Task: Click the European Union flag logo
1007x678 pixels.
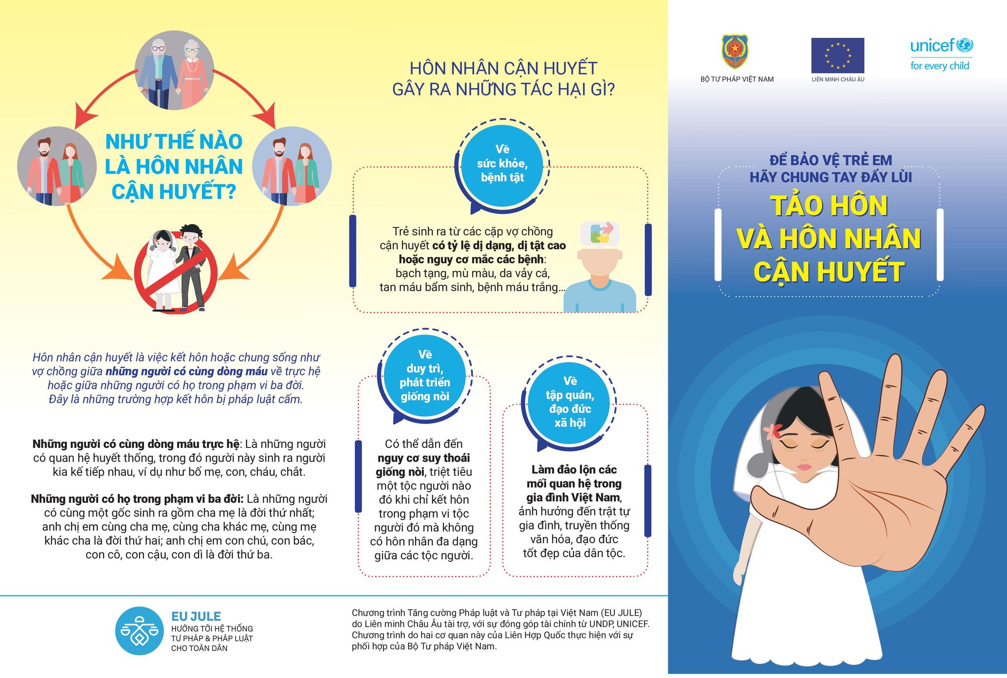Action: [x=837, y=56]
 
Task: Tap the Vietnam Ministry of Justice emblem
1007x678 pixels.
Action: [x=735, y=52]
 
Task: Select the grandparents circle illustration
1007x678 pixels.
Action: [x=175, y=70]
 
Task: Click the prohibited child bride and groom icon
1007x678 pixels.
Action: [x=176, y=270]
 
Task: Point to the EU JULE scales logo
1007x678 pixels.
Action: [x=140, y=631]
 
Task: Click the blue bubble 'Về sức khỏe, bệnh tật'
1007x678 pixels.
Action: [x=502, y=164]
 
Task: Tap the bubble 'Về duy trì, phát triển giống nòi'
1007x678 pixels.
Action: [x=425, y=376]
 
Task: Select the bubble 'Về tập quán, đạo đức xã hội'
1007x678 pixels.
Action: [x=570, y=402]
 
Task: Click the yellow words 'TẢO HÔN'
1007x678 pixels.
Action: [x=829, y=206]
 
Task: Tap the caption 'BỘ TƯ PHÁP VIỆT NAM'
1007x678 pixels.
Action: [x=737, y=79]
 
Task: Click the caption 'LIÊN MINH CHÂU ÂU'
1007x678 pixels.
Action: [x=837, y=79]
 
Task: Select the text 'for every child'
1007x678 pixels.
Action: [x=940, y=66]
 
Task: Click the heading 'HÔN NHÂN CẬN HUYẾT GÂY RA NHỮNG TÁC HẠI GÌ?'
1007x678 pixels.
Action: [x=503, y=79]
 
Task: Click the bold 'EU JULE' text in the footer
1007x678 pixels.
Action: [x=196, y=616]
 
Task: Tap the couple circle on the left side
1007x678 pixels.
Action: [x=57, y=166]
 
